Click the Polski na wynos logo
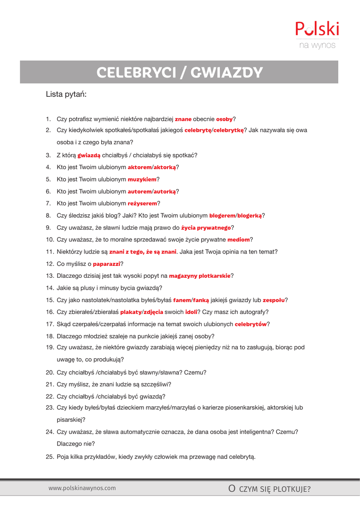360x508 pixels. click(317, 35)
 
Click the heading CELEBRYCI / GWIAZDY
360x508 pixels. click(179, 72)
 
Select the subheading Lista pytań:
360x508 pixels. click(66, 94)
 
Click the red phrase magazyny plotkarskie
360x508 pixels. click(200, 276)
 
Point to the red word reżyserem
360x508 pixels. click(143, 203)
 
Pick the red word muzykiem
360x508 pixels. click(142, 179)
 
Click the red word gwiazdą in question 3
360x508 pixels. click(89, 155)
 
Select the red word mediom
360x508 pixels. click(238, 240)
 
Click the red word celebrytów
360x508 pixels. click(251, 324)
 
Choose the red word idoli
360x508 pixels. click(191, 312)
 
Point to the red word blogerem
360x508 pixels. click(221, 216)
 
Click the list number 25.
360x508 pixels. click(49, 457)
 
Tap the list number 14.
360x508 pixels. click(49, 288)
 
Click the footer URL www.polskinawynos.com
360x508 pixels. click(82, 488)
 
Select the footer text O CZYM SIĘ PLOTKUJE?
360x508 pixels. click(269, 490)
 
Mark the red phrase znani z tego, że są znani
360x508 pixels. click(143, 252)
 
